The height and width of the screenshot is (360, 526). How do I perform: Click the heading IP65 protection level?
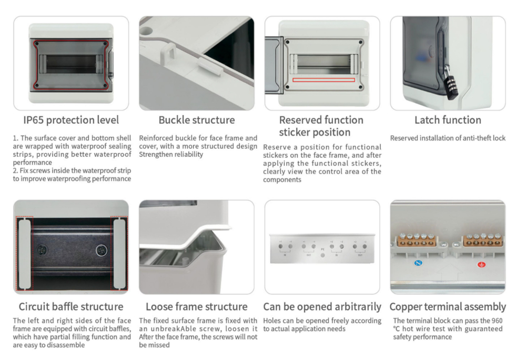click(x=71, y=120)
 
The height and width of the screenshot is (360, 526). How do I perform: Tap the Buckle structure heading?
click(x=197, y=120)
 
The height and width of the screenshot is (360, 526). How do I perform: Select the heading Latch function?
click(x=448, y=120)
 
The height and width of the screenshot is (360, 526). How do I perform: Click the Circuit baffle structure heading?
click(x=71, y=306)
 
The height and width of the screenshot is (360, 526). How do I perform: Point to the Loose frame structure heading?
click(x=196, y=306)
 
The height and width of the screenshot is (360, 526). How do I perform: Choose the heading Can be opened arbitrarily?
click(x=322, y=306)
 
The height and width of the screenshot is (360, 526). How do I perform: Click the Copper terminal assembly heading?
click(x=448, y=306)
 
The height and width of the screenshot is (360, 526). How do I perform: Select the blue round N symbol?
click(x=418, y=262)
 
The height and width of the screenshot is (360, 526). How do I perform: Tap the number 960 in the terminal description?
click(x=497, y=321)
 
